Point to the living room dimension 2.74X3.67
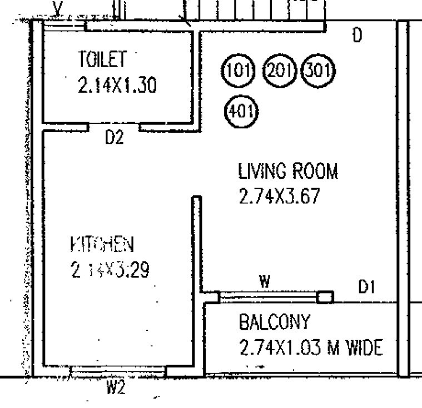click(x=279, y=197)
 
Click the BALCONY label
click(x=272, y=322)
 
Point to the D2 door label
click(x=114, y=138)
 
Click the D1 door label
click(x=367, y=287)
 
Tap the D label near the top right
click(x=358, y=36)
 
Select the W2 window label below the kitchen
click(x=115, y=387)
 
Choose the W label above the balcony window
click(x=265, y=282)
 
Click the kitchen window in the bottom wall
click(x=118, y=369)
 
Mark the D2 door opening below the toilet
click(x=113, y=127)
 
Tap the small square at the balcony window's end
click(x=325, y=297)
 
